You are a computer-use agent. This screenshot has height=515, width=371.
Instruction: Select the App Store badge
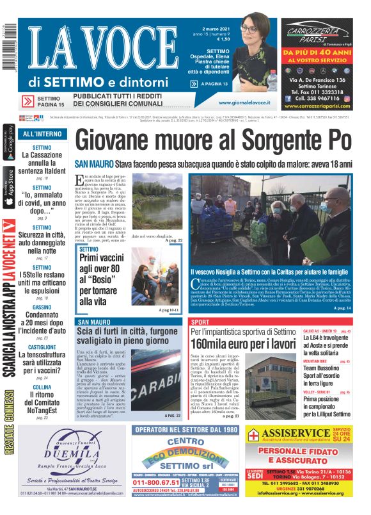click(x=8, y=186)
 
